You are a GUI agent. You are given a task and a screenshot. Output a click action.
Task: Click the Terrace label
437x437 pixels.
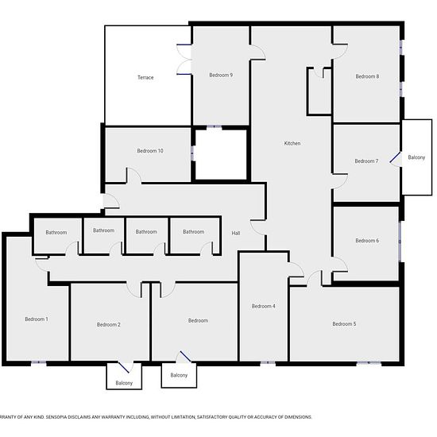[x=145, y=78]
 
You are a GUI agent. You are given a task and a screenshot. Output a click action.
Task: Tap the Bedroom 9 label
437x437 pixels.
[x=221, y=75]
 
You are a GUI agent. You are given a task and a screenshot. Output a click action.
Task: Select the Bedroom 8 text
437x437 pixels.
[x=367, y=76]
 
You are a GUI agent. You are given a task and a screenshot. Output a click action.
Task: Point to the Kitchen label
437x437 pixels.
[x=292, y=143]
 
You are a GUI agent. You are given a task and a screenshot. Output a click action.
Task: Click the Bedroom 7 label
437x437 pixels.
[x=366, y=161]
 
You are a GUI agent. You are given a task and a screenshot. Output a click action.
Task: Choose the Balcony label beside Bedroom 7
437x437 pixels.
[x=416, y=157]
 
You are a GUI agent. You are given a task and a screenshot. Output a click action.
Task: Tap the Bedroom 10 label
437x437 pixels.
[x=150, y=151]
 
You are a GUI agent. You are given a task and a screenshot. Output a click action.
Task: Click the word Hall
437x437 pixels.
[x=236, y=233]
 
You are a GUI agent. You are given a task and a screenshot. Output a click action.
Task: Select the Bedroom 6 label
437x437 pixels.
[x=367, y=241]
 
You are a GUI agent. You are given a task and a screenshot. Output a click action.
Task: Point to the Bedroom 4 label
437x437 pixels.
[x=263, y=306]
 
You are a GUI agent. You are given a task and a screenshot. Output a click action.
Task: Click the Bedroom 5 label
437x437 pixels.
[x=344, y=324]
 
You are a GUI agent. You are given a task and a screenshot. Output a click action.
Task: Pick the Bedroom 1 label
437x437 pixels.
[x=37, y=319]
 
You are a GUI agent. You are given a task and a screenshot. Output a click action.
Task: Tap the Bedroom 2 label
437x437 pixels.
[x=108, y=325]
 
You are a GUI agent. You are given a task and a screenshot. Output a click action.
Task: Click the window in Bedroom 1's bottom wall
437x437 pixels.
[x=38, y=362]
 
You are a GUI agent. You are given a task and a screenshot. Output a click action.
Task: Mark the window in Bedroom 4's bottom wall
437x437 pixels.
[x=268, y=362]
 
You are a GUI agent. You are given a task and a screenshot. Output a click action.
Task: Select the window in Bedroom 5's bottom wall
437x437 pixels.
[x=369, y=362]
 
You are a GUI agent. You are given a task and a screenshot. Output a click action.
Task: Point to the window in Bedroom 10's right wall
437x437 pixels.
[x=192, y=153]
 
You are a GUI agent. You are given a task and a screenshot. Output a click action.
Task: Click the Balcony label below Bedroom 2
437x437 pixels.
[x=124, y=383]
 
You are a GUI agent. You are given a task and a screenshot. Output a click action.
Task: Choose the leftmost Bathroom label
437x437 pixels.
[x=56, y=233]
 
